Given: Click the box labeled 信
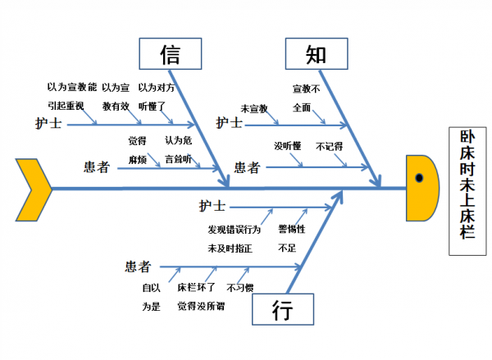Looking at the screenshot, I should click(x=169, y=55).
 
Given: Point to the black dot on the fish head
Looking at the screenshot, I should click(x=419, y=178).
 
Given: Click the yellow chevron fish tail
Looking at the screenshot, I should click(x=34, y=189).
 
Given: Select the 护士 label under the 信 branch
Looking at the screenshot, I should click(x=48, y=124).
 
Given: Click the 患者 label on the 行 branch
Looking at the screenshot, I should click(x=138, y=266).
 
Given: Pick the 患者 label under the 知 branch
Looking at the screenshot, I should click(x=247, y=167).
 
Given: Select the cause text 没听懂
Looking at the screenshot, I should click(x=288, y=146).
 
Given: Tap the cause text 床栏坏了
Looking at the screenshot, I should click(x=196, y=288).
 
